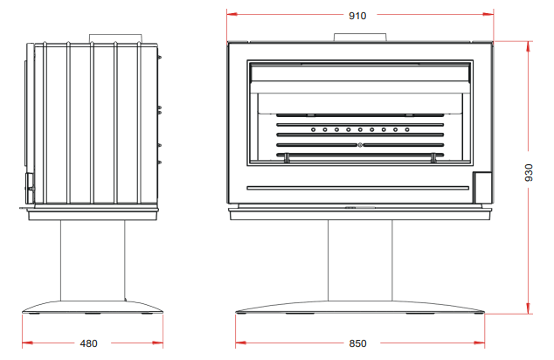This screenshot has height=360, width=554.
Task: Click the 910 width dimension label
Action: click(x=357, y=16)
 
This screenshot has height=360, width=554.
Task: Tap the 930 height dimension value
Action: click(x=529, y=172)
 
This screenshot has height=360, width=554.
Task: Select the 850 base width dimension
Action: click(x=357, y=343)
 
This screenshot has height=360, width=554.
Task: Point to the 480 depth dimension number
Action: click(x=88, y=343)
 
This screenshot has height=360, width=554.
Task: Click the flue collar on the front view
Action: click(x=360, y=38)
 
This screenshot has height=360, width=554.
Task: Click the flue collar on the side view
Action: click(x=115, y=38)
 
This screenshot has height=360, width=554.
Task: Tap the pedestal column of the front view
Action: click(x=360, y=260)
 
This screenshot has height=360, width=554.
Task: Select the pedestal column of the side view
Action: click(x=93, y=260)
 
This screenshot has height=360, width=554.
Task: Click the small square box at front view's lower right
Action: click(x=482, y=188)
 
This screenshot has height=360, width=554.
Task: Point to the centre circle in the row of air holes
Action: click(x=360, y=129)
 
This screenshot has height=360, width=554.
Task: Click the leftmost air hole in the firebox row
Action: click(x=313, y=129)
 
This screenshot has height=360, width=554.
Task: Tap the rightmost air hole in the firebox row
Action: click(x=407, y=129)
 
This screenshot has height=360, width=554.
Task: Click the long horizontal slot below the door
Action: click(x=358, y=188)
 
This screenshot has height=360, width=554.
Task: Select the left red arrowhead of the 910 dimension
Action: click(x=232, y=15)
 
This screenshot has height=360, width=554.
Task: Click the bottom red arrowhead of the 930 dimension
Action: click(x=529, y=308)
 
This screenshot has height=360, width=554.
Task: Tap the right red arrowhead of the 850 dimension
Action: click(x=480, y=343)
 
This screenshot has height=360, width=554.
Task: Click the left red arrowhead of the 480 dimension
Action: click(x=28, y=343)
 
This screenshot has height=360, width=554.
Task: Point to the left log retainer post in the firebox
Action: click(x=287, y=158)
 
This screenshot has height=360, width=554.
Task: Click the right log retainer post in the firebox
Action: click(x=434, y=158)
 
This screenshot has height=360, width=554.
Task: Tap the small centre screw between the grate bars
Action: click(x=360, y=145)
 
